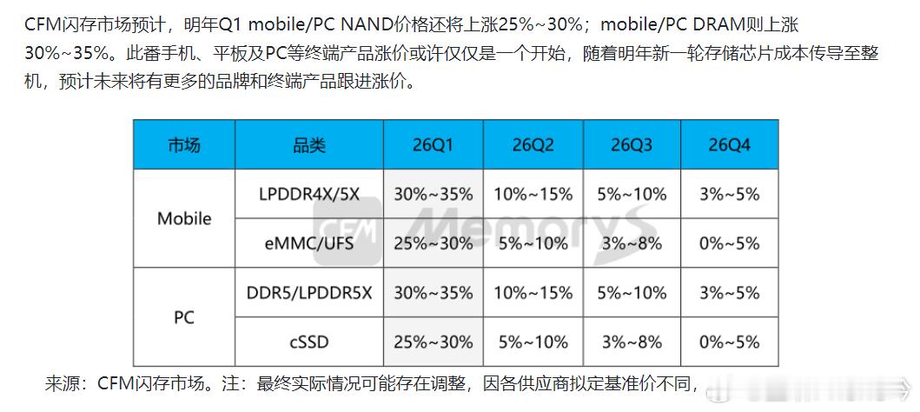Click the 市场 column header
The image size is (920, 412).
coord(183,144)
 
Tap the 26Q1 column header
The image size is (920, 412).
coord(434,144)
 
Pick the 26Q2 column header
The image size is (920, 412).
coord(533,144)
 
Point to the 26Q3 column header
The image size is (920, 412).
coord(632,144)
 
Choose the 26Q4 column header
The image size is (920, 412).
coord(729,144)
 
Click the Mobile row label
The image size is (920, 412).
coord(183,218)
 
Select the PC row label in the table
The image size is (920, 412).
coord(183,317)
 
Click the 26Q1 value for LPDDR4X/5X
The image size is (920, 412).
coord(434,193)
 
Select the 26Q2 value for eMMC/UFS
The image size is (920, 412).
coord(533,243)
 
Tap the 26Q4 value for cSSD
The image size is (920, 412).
coord(729,342)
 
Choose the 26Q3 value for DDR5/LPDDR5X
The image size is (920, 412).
coord(632,293)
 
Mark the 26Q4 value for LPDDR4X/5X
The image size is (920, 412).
coord(729,193)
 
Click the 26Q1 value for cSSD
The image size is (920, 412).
coord(434,342)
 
